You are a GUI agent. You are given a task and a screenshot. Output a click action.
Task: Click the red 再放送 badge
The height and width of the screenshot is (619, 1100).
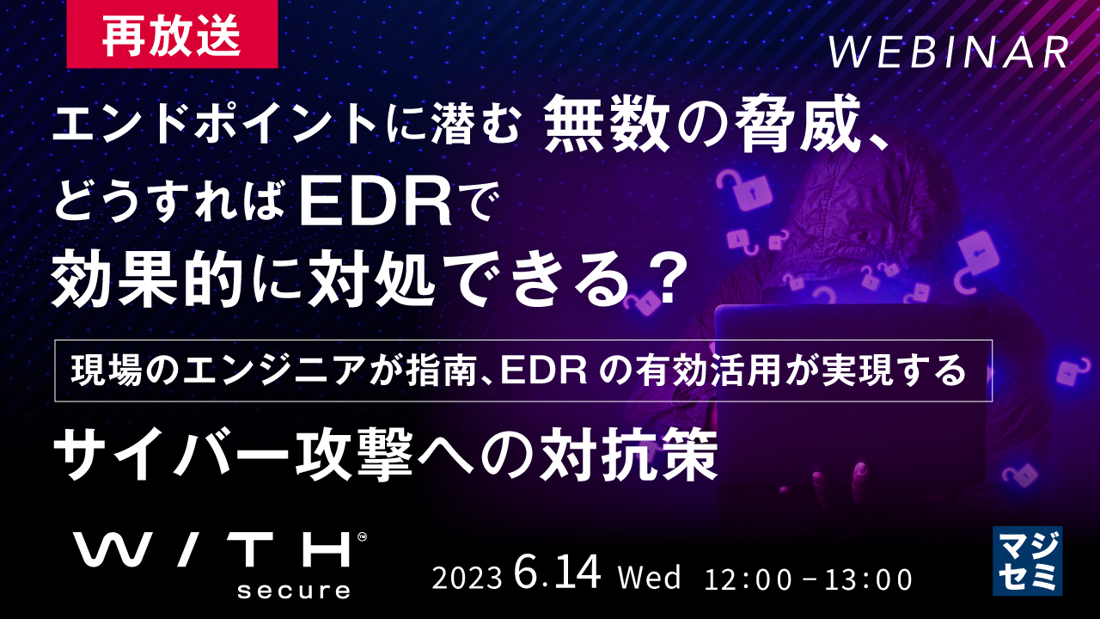172,34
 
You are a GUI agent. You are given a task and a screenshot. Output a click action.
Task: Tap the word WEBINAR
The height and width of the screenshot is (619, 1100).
950,52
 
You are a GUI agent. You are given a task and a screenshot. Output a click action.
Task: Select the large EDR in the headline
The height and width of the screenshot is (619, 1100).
376,203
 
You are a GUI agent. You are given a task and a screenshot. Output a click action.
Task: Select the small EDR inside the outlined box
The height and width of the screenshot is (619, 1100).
543,371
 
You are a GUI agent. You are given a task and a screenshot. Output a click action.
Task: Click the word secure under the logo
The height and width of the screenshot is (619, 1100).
294,590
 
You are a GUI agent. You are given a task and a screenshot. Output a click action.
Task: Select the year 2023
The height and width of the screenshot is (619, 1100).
467,579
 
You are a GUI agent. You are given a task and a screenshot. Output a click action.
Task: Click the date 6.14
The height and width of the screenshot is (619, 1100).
558,572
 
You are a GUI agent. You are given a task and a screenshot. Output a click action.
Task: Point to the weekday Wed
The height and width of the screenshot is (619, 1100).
650,577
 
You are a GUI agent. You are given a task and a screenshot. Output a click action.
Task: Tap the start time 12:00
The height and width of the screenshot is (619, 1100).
749,579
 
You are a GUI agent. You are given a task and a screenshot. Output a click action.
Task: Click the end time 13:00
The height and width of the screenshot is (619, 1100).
868,579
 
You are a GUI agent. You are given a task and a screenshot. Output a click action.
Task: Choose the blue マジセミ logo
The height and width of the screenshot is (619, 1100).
1027,561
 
